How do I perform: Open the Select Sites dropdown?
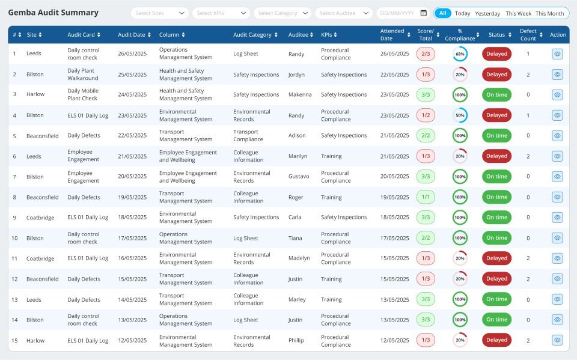pyautogui.click(x=159, y=13)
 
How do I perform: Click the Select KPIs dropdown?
pyautogui.click(x=221, y=13)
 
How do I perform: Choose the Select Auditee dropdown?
pyautogui.click(x=343, y=13)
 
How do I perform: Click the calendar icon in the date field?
pyautogui.click(x=423, y=13)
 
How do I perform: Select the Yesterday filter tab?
pyautogui.click(x=487, y=13)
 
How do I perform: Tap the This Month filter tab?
pyautogui.click(x=549, y=13)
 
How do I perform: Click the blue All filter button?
pyautogui.click(x=442, y=13)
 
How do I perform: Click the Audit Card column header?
pyautogui.click(x=84, y=35)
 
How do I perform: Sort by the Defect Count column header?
pyautogui.click(x=528, y=35)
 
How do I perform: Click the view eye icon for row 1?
pyautogui.click(x=557, y=54)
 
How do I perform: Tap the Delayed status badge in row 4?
pyautogui.click(x=496, y=115)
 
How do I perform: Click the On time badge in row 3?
pyautogui.click(x=496, y=95)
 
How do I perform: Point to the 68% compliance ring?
pyautogui.click(x=460, y=54)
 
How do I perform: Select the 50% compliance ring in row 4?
pyautogui.click(x=460, y=115)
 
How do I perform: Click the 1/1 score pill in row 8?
pyautogui.click(x=426, y=197)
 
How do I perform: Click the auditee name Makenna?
pyautogui.click(x=300, y=95)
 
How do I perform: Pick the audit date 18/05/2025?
pyautogui.click(x=132, y=218)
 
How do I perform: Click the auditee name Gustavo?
pyautogui.click(x=299, y=177)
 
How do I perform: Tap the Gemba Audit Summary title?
pyautogui.click(x=53, y=13)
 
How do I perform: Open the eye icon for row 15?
pyautogui.click(x=557, y=340)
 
